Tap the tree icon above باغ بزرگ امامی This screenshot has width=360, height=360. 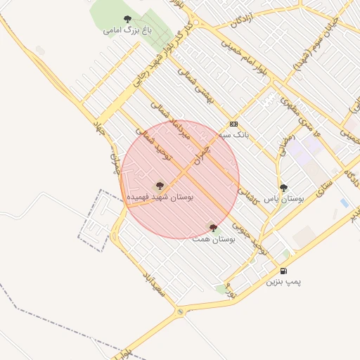tap(127, 19)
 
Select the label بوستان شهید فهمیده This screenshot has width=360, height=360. tap(160, 198)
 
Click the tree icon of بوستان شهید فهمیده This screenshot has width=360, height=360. tap(160, 186)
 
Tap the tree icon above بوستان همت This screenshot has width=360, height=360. tap(213, 227)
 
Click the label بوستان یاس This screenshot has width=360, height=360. tap(282, 199)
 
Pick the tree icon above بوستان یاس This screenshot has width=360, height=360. tap(283, 188)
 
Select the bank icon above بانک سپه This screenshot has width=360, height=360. tap(233, 122)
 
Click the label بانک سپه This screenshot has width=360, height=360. tap(234, 134)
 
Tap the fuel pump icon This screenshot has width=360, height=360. tap(283, 271)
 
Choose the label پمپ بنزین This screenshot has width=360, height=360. tap(283, 282)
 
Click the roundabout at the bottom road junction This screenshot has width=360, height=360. tap(181, 311)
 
